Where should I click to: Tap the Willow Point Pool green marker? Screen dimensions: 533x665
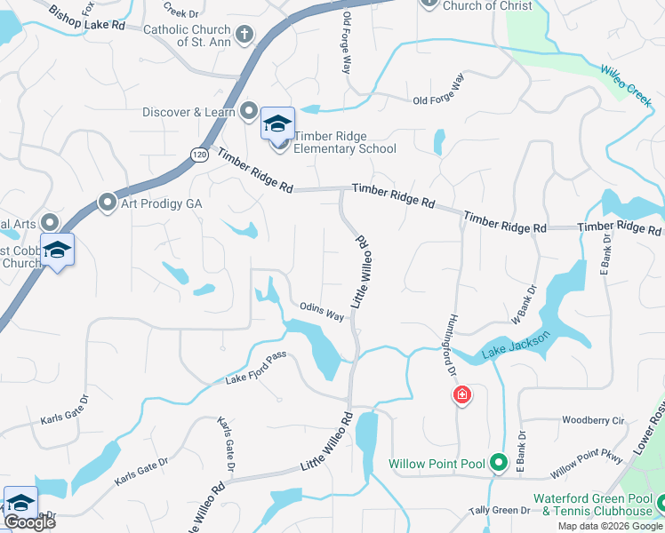click(x=499, y=463)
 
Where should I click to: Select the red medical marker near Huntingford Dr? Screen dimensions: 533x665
click(x=462, y=395)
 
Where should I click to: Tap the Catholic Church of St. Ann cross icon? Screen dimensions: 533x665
click(x=244, y=35)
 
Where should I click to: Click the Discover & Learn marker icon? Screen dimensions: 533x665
click(x=249, y=112)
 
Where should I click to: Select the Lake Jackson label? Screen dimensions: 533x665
click(x=516, y=345)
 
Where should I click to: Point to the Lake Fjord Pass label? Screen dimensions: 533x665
click(x=256, y=379)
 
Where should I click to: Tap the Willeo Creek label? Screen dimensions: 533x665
click(x=626, y=85)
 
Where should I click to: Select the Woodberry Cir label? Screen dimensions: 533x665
click(x=594, y=419)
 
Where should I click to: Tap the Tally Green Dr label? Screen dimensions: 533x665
click(x=500, y=510)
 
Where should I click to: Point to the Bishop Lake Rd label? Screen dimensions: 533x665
click(x=88, y=20)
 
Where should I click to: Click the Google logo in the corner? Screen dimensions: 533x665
click(x=29, y=522)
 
